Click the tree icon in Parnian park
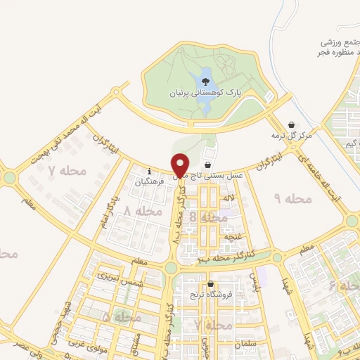(x=205, y=82)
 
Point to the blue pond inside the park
(x=204, y=102)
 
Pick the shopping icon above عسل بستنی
(x=207, y=163)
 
